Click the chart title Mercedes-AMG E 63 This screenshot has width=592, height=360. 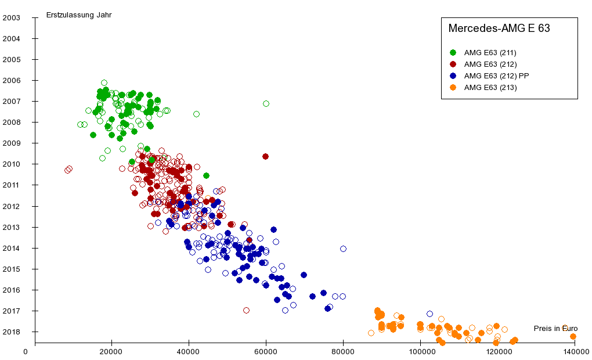tap(499, 28)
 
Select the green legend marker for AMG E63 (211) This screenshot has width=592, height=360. tap(453, 53)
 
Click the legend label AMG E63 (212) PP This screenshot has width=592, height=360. tap(496, 76)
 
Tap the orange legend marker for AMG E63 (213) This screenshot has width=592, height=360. tap(453, 88)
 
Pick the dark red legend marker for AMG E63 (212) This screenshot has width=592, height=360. tap(453, 64)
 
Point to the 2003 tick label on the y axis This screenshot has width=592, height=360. tap(12, 17)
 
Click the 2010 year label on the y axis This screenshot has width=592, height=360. tap(12, 164)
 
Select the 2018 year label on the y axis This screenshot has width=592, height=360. tap(12, 332)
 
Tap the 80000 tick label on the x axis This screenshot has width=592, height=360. tap(343, 351)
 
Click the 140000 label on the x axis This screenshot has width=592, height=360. tap(574, 351)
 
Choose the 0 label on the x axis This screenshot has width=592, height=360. tap(26, 351)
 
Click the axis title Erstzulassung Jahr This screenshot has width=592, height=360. tap(78, 15)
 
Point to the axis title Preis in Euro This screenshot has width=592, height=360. tap(555, 329)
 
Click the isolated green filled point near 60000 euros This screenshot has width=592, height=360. tap(266, 104)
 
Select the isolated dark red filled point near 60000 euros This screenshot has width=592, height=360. tap(265, 156)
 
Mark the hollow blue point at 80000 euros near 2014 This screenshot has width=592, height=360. tap(343, 249)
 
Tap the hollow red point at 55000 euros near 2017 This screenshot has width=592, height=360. tap(246, 310)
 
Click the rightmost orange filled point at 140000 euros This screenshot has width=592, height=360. tap(573, 336)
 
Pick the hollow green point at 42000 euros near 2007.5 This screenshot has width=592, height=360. tap(196, 114)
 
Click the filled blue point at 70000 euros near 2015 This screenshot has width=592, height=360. tap(304, 275)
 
